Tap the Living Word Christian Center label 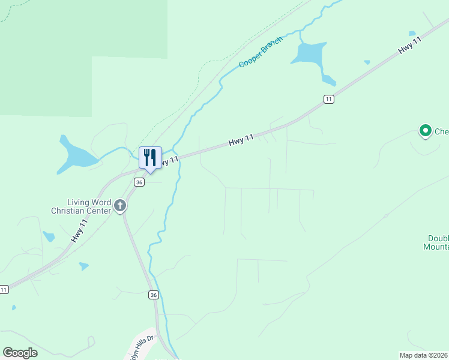pyautogui.click(x=81, y=206)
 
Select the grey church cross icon pyautogui.click(x=120, y=206)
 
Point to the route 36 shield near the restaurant pyautogui.click(x=139, y=182)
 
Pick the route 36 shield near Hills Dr pyautogui.click(x=154, y=295)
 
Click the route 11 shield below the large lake pyautogui.click(x=328, y=99)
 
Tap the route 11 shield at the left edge pyautogui.click(x=4, y=289)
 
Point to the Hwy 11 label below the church pyautogui.click(x=79, y=230)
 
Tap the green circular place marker pyautogui.click(x=426, y=130)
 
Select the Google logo pyautogui.click(x=20, y=352)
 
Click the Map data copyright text pyautogui.click(x=424, y=355)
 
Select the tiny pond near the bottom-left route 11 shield pyautogui.click(x=14, y=308)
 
